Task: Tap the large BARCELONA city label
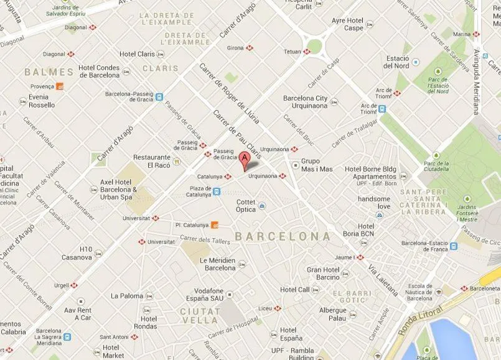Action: click(283, 237)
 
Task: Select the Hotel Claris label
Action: click(138, 54)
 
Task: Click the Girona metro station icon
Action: click(250, 48)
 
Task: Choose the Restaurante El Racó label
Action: click(151, 162)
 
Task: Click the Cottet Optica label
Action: click(246, 206)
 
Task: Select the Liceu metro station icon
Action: click(278, 308)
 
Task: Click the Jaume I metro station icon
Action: click(360, 257)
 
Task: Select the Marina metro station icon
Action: click(476, 34)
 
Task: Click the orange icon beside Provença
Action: click(60, 86)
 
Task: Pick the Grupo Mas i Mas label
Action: click(317, 165)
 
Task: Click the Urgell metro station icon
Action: click(74, 285)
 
